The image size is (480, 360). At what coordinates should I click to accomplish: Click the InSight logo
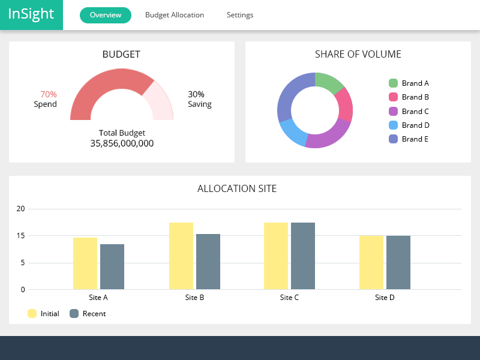pos(31,14)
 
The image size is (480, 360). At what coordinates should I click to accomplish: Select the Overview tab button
pos(105,15)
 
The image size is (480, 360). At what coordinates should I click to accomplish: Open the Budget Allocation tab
pos(175,15)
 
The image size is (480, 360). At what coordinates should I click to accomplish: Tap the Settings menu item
pos(240,15)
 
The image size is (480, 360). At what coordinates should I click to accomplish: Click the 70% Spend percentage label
pos(48,94)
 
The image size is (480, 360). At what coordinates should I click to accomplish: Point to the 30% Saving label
pos(196,94)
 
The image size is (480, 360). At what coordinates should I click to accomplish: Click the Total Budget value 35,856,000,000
pos(122,143)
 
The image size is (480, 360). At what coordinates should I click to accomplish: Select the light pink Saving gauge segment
pos(159,99)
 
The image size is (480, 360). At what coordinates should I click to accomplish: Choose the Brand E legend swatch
pos(394,139)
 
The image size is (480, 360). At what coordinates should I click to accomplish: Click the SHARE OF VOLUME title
pos(358,54)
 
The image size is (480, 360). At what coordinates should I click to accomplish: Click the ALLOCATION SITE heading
pos(237,188)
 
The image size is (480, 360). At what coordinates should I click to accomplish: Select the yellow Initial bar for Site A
pos(85,263)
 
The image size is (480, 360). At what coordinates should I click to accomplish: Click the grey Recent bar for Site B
pos(208,262)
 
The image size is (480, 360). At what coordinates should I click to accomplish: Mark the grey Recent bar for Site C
pos(303,256)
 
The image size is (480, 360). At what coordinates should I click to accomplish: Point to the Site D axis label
pos(385,298)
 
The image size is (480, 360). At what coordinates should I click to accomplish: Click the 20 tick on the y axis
pos(21,209)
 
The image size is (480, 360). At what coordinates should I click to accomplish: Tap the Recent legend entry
pos(88,314)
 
